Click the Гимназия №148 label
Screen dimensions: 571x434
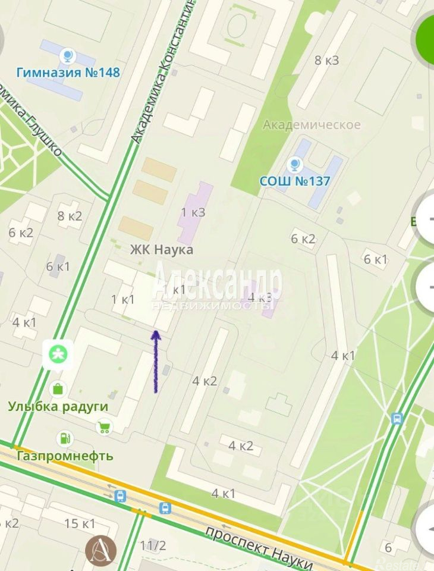tap(68, 73)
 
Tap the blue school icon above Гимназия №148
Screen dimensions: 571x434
tap(68, 57)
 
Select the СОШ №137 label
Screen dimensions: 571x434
tap(294, 180)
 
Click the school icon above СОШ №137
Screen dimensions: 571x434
tap(294, 164)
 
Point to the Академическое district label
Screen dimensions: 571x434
tap(312, 124)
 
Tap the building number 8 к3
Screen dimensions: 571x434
tap(326, 60)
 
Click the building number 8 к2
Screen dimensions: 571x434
tap(70, 217)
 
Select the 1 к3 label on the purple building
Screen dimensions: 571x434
tap(193, 212)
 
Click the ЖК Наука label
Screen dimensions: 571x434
tap(162, 250)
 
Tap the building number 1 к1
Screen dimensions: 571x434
tap(123, 299)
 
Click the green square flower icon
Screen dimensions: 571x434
tap(58, 356)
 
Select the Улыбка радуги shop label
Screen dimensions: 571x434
tap(58, 406)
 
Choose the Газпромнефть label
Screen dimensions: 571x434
tap(65, 456)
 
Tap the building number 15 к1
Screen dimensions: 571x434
tap(80, 524)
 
